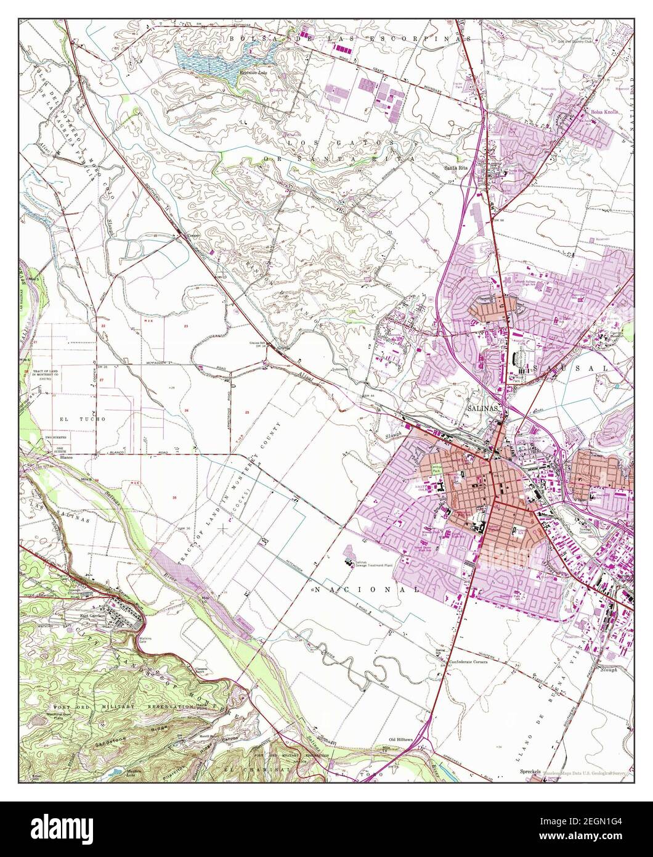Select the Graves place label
pos(282,347)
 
